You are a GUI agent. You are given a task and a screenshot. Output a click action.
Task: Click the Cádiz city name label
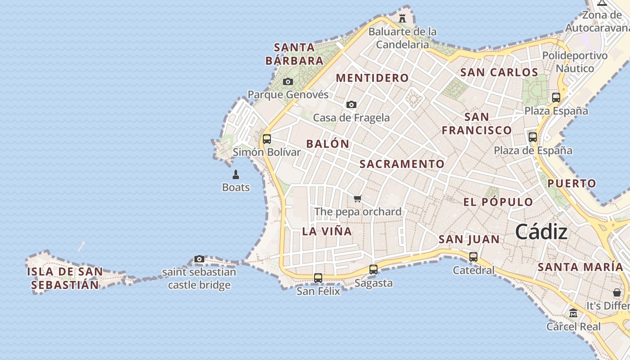[x=541, y=232]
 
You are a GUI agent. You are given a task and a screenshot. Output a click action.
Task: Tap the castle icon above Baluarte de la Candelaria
[x=402, y=18]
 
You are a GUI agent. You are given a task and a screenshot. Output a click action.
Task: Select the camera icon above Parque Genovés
[x=288, y=81]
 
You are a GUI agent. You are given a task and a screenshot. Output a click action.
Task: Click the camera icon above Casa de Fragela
[x=351, y=104]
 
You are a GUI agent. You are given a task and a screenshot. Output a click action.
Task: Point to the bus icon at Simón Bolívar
[x=267, y=139]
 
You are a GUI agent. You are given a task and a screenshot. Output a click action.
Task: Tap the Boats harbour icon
[x=235, y=174]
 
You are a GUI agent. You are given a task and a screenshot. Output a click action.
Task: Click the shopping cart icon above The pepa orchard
[x=358, y=198]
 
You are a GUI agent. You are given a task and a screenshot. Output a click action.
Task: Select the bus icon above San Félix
[x=318, y=278]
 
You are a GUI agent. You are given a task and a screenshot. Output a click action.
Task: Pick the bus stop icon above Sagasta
[x=373, y=270]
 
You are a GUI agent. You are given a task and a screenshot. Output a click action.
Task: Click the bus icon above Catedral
[x=473, y=257]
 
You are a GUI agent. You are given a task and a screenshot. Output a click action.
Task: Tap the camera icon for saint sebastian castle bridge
[x=199, y=259]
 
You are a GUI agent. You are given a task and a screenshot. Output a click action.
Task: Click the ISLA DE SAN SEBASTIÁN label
[x=65, y=278]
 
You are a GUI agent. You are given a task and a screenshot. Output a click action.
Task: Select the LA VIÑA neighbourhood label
[x=327, y=231]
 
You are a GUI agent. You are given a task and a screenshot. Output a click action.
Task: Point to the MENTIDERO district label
[x=372, y=78]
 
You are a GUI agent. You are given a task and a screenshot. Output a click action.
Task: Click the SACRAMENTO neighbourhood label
[x=402, y=164]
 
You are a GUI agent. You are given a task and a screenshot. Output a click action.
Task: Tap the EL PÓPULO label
[x=498, y=202]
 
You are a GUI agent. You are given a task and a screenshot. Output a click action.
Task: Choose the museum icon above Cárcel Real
[x=573, y=313]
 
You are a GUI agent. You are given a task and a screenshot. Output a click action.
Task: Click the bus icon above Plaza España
[x=556, y=97]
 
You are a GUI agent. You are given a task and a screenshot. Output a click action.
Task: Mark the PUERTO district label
[x=571, y=183]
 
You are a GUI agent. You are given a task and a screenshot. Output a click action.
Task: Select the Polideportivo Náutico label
[x=575, y=62]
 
